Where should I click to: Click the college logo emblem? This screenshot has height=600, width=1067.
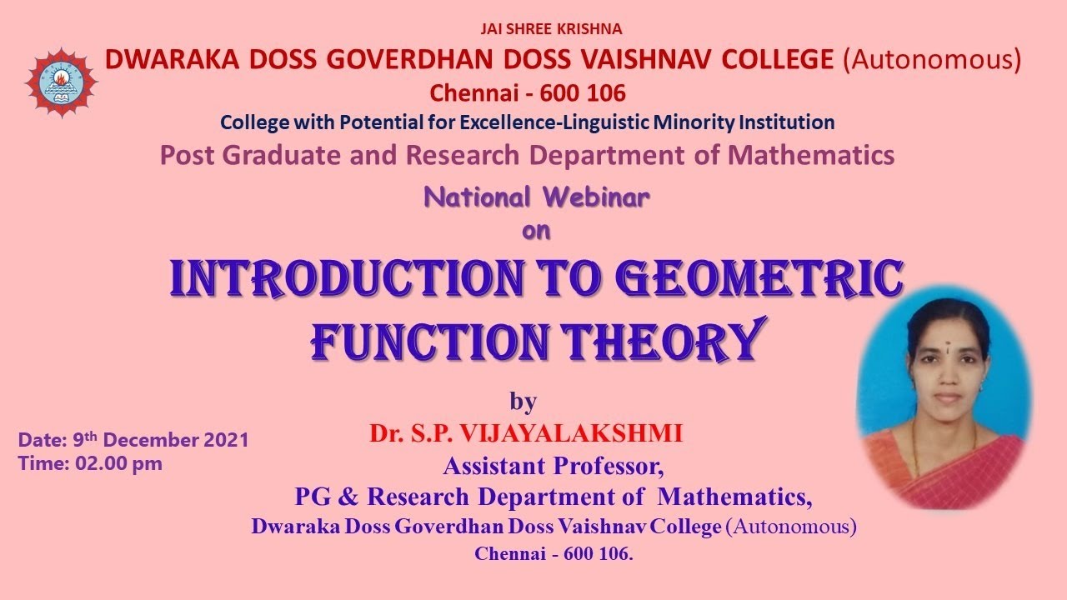pos(61,82)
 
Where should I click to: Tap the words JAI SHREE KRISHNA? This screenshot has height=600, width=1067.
pos(551,29)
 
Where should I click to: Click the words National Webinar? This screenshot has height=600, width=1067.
pos(537,197)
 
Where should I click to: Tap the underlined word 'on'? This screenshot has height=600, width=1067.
pos(536,231)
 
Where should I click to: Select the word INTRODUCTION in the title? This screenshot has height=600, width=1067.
pos(373,280)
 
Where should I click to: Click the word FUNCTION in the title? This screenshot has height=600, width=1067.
pos(430,341)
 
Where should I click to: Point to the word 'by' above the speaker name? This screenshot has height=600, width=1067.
pos(523,402)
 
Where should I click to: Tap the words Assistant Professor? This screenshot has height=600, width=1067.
pos(554,464)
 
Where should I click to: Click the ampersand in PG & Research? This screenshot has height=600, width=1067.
pos(348,497)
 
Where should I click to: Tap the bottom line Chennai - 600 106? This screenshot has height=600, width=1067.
pos(554,553)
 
